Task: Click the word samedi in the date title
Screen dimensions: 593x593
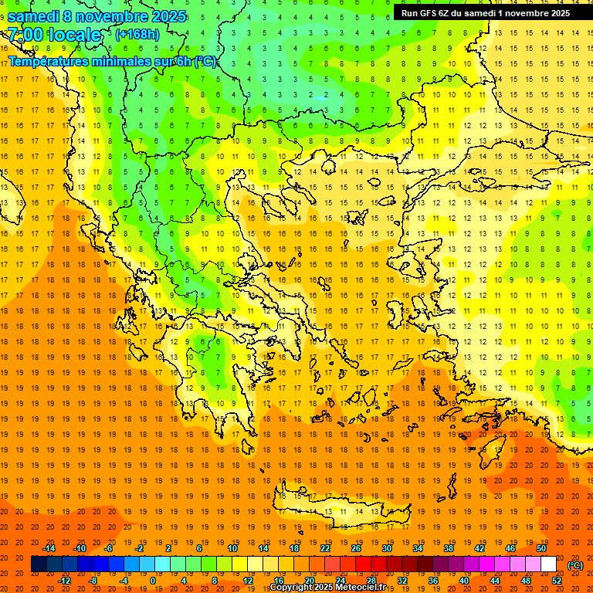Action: click(x=36, y=16)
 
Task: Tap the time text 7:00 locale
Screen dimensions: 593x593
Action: click(x=55, y=35)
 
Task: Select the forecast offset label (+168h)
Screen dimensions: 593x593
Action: click(x=137, y=34)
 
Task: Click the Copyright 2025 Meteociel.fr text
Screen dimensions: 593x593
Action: click(x=328, y=588)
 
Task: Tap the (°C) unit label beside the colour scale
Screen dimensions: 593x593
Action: click(x=575, y=565)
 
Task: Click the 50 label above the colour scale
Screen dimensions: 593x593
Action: click(x=540, y=548)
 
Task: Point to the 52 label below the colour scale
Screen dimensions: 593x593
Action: click(x=557, y=581)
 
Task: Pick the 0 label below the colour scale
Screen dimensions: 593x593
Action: click(x=152, y=581)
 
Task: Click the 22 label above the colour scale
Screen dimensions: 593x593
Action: click(x=325, y=548)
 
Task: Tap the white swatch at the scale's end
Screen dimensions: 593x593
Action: click(x=548, y=564)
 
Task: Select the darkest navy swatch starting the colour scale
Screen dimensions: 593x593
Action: click(x=39, y=564)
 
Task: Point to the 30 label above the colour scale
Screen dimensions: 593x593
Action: click(x=386, y=548)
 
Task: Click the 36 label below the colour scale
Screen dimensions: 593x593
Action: click(x=433, y=581)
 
